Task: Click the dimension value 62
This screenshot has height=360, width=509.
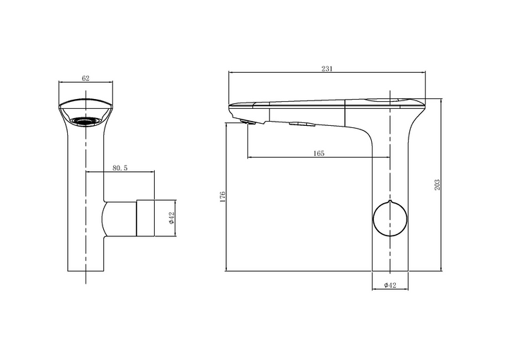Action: pyautogui.click(x=86, y=78)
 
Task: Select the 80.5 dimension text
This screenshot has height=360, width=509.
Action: pyautogui.click(x=120, y=168)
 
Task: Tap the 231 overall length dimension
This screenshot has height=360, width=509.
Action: pyautogui.click(x=327, y=69)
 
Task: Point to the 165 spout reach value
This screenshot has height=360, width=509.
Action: pyautogui.click(x=319, y=153)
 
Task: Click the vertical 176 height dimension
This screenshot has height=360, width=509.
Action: pyautogui.click(x=223, y=197)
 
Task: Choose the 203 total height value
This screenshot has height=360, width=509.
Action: pyautogui.click(x=437, y=185)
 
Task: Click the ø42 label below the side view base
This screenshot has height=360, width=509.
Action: pyautogui.click(x=390, y=285)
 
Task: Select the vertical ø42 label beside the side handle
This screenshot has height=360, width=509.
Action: pyautogui.click(x=171, y=218)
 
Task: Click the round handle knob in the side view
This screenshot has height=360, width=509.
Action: pyautogui.click(x=390, y=219)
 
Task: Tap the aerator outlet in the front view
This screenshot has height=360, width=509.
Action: pyautogui.click(x=86, y=121)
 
